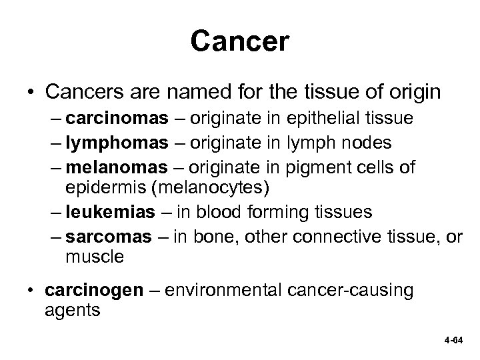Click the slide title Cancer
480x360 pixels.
coord(239,41)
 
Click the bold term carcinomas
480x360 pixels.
coord(118,119)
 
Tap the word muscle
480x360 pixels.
coord(95,257)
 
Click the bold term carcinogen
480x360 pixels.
coord(87,291)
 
